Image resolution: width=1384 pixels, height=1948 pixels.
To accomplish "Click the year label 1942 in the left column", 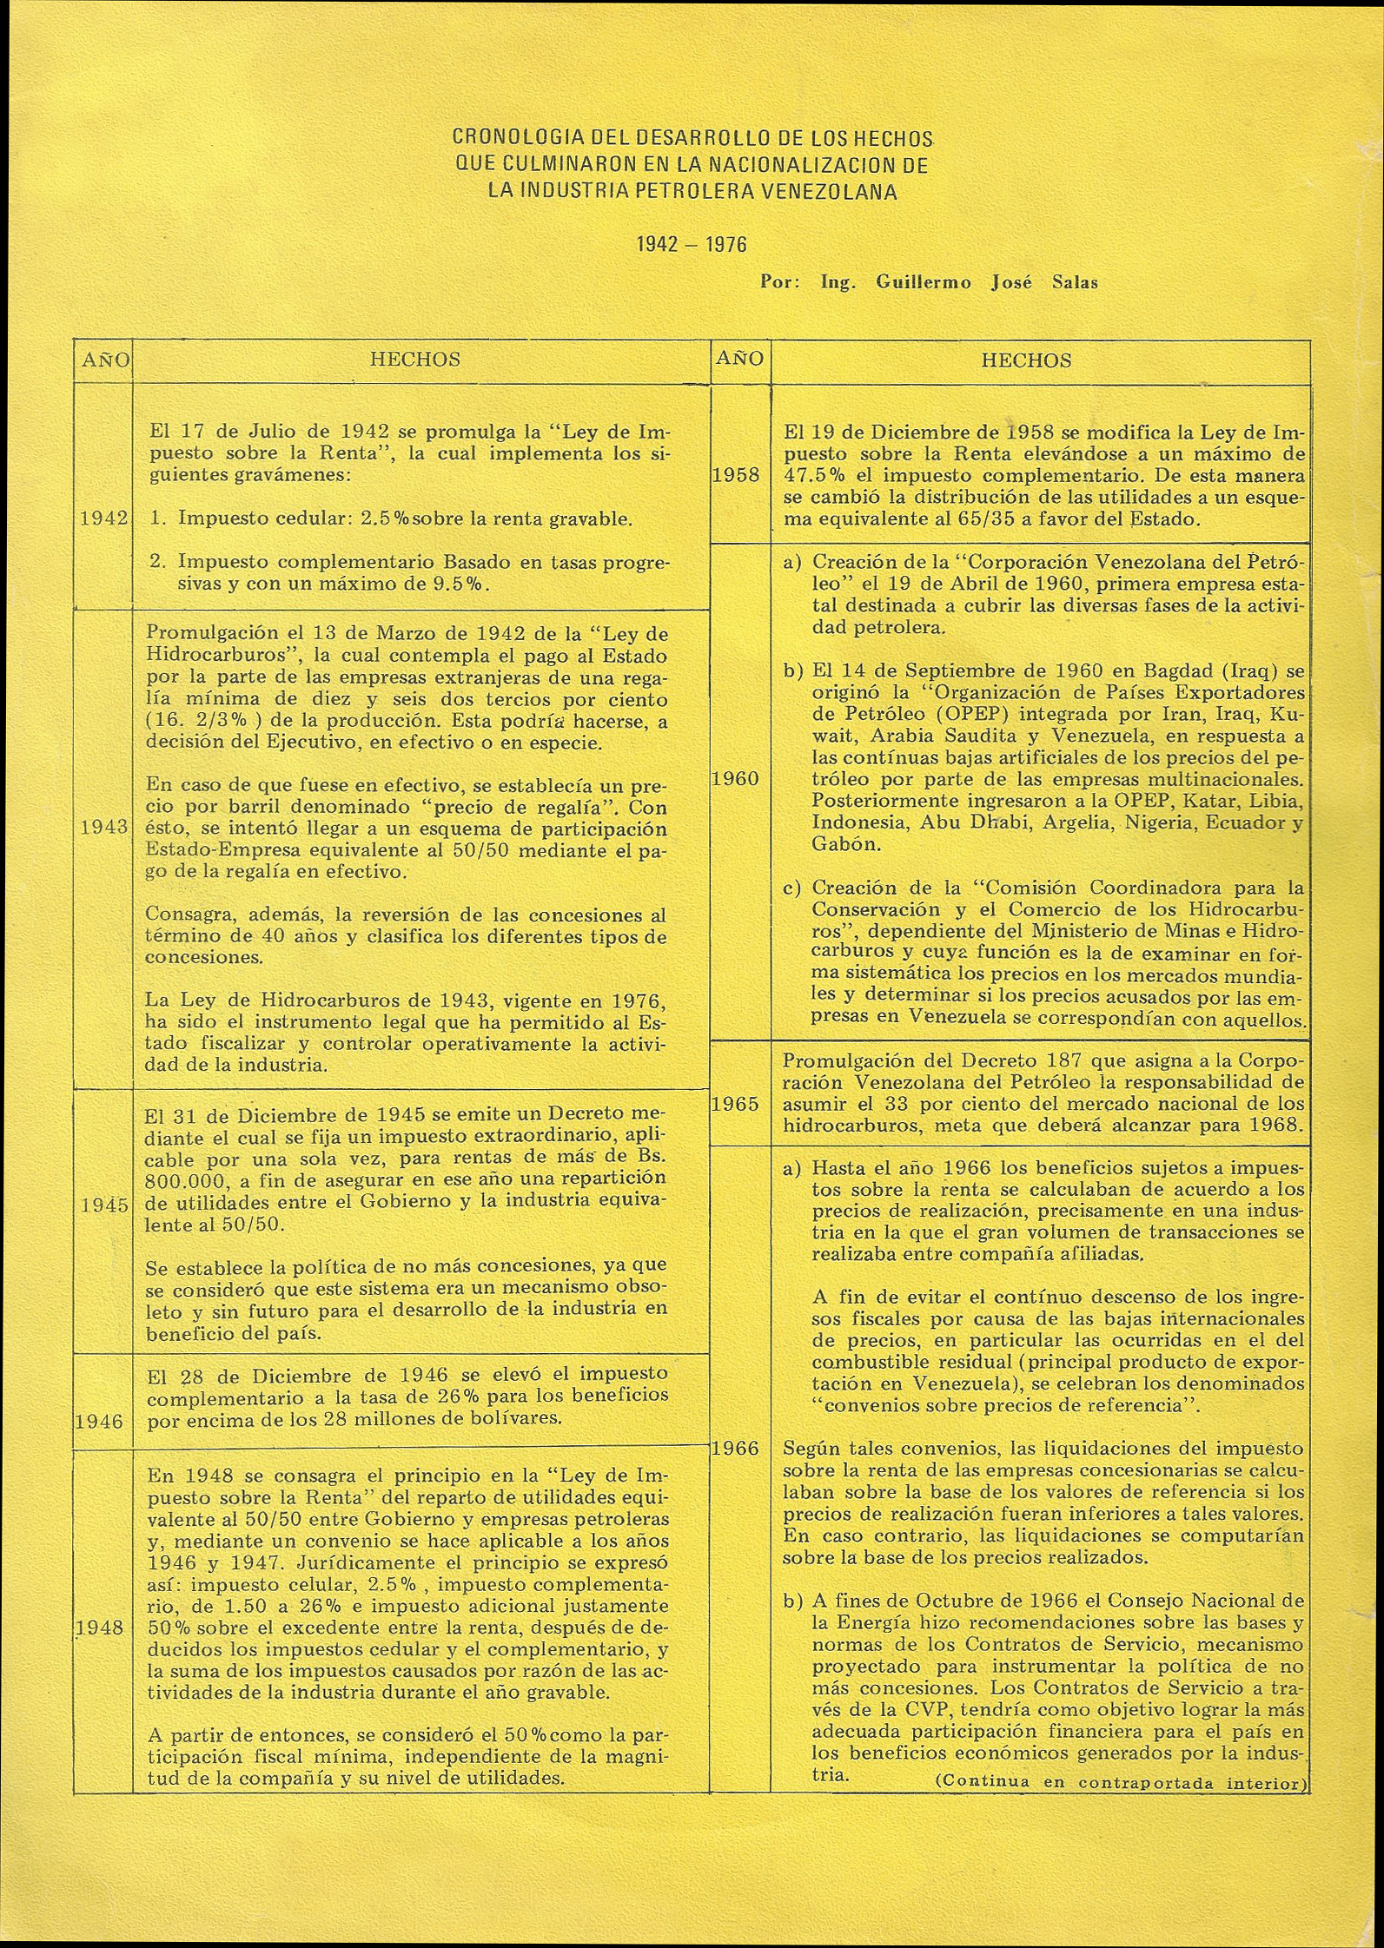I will pos(104,519).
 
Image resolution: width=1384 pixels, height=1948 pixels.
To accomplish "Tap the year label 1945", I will pos(104,1206).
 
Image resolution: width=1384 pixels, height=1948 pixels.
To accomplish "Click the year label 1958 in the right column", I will pos(736,476).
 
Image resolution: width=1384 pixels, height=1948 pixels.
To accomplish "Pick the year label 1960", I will pos(736,779).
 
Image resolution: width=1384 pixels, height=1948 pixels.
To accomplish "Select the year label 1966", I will pos(736,1448).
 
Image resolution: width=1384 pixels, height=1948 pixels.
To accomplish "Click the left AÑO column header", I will pos(103,360).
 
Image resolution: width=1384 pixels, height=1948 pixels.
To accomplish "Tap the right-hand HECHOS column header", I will pos(1026,360).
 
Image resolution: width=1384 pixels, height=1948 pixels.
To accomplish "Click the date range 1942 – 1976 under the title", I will pos(692,245).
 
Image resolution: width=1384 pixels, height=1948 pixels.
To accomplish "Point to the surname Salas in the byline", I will pos(1075,282).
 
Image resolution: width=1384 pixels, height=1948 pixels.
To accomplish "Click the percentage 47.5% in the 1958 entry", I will pos(813,476).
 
